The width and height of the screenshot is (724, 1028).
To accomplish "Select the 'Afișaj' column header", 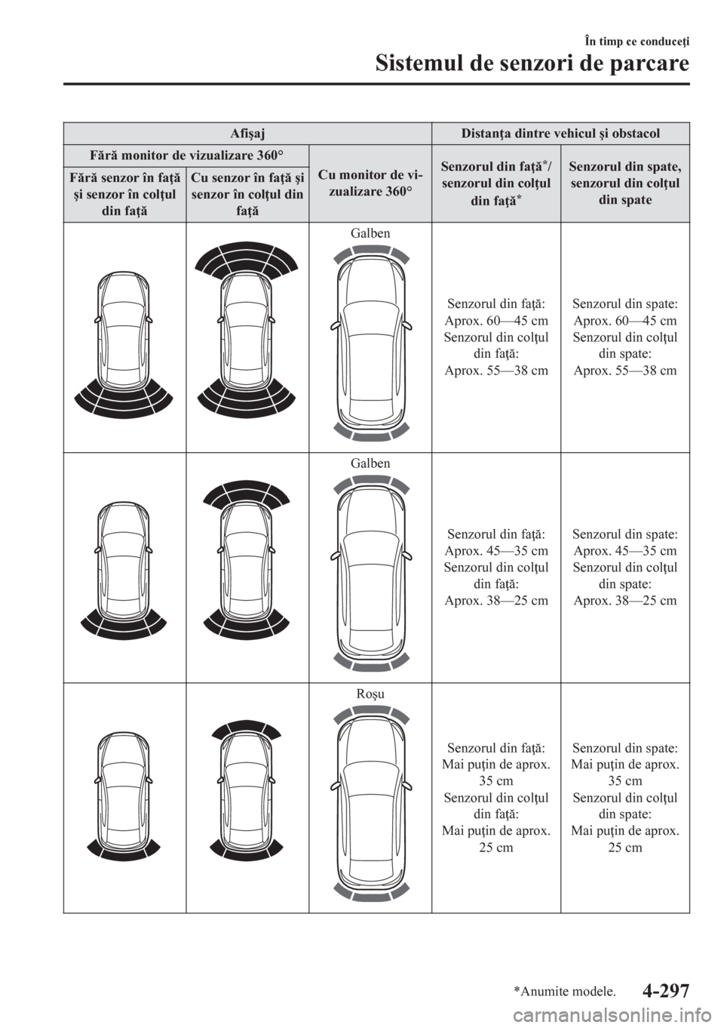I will click(x=247, y=134).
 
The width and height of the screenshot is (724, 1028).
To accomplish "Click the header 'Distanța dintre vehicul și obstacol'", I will click(x=560, y=134).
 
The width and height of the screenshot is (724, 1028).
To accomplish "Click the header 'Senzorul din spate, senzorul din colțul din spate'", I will click(x=624, y=183).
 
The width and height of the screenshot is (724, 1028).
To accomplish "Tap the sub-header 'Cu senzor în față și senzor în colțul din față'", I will click(x=247, y=194).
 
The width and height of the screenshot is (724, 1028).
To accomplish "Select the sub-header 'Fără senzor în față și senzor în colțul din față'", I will click(x=124, y=194).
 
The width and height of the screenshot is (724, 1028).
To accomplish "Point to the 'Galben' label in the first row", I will click(x=370, y=233).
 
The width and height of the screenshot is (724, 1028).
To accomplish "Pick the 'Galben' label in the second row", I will click(x=370, y=463).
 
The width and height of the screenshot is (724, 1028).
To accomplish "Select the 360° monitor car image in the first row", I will click(x=370, y=343).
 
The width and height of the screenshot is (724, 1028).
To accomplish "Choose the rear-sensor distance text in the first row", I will click(x=624, y=337).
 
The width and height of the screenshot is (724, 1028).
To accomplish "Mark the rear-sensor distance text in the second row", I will click(x=624, y=567).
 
